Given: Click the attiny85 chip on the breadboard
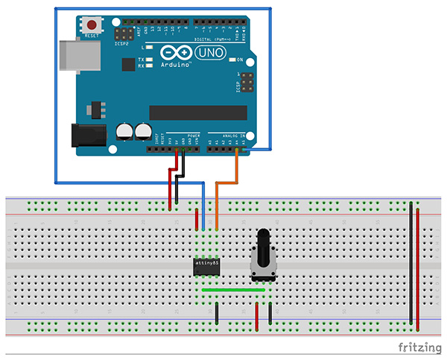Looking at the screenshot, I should coord(206,265).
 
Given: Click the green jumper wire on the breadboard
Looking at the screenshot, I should coord(237,290).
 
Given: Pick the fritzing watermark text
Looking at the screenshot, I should coord(417,348).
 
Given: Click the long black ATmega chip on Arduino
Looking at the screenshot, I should coord(197,112).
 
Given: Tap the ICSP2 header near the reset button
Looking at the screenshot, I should coord(123,34).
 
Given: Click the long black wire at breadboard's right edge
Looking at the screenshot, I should coord(410,261).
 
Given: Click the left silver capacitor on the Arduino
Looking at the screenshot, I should coord(124,131).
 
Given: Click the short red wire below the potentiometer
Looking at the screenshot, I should coord(257,315).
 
